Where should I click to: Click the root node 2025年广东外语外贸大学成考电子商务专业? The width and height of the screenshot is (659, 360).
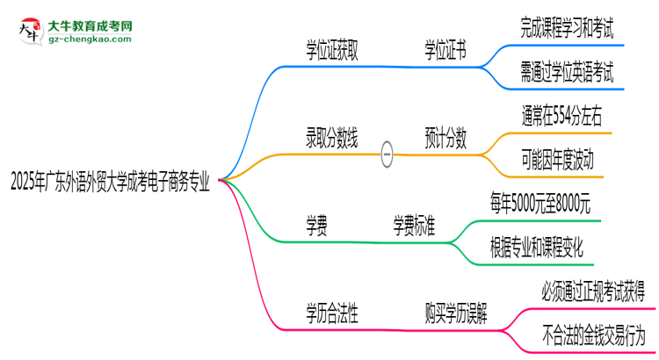[110, 183]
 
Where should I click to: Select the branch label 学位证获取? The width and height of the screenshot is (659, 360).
[331, 52]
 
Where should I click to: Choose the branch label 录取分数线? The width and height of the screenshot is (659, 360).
[331, 137]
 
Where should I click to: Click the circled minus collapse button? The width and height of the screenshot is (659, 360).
[387, 155]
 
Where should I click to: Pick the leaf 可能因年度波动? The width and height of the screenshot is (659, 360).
[556, 160]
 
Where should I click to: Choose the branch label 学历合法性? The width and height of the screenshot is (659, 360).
[331, 312]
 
